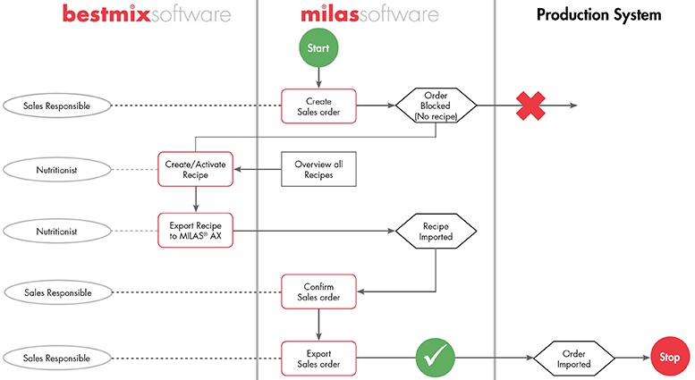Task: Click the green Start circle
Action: click(318, 49)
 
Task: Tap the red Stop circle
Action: click(669, 358)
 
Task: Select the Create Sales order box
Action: click(318, 106)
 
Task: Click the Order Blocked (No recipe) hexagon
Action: click(436, 106)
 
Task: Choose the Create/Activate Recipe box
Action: click(195, 169)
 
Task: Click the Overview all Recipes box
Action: click(318, 169)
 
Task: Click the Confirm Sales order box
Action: click(318, 291)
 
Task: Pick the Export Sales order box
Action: click(318, 358)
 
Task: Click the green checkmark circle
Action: click(436, 358)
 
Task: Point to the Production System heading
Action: click(598, 15)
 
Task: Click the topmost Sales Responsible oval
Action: click(57, 106)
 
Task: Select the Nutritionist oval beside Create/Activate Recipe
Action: click(57, 169)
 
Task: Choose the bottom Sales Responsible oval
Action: click(57, 358)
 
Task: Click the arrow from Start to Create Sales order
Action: click(318, 78)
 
